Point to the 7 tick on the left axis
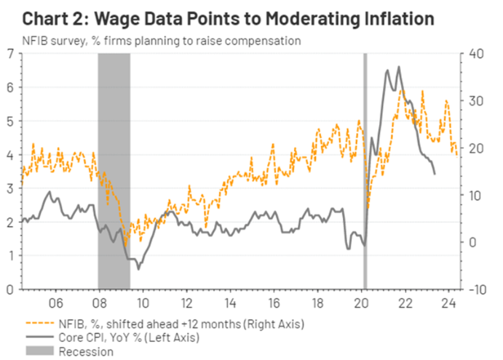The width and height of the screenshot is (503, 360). (x=9, y=53)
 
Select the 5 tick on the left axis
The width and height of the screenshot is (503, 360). (x=9, y=121)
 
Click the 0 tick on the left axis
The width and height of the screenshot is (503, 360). (x=9, y=289)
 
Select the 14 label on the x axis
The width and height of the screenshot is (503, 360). (x=229, y=302)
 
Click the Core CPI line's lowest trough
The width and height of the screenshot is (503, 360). (x=138, y=269)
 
